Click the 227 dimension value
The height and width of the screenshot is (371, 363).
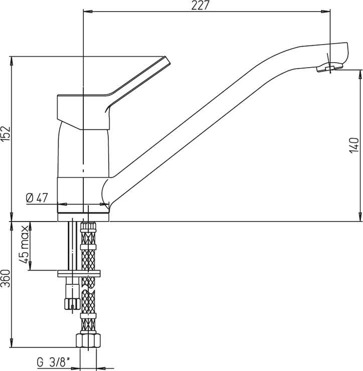click(x=200, y=6)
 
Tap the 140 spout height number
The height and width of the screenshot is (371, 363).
click(x=354, y=145)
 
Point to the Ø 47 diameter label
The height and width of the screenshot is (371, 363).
click(x=37, y=198)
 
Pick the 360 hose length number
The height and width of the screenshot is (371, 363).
click(x=6, y=278)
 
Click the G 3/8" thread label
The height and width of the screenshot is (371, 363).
click(x=54, y=362)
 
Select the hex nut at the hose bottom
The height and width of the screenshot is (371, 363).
click(x=88, y=340)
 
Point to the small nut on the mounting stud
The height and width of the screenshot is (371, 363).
click(x=72, y=303)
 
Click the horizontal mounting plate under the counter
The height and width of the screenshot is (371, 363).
click(x=79, y=274)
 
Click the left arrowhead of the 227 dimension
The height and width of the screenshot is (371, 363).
click(x=88, y=11)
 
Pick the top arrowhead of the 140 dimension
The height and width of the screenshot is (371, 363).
click(x=360, y=74)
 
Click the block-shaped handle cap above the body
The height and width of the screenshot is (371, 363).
click(x=83, y=112)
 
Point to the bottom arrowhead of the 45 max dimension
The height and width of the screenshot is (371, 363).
click(x=30, y=266)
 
